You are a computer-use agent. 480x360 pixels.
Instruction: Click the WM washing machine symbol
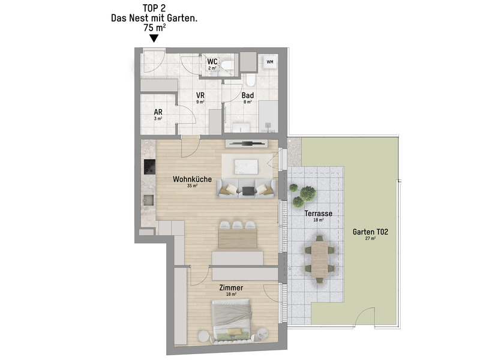269,62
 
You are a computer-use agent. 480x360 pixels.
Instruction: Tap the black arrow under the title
154,38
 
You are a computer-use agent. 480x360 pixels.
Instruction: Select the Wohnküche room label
192,179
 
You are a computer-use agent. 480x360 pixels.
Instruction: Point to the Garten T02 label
370,232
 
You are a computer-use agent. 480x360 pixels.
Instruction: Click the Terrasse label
319,214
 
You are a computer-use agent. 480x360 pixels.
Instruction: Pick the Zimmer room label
231,288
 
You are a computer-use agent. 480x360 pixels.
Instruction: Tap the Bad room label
248,95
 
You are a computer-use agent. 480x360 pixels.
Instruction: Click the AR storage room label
158,112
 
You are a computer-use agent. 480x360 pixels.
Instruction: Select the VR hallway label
200,95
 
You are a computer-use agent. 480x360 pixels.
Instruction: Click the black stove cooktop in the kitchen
149,167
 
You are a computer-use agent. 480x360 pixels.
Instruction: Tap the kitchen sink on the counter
149,200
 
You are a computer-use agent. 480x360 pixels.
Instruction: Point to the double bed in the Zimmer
232,320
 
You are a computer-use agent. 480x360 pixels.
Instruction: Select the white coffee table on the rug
246,167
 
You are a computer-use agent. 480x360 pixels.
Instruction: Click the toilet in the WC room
227,65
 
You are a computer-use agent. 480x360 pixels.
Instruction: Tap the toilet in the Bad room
250,80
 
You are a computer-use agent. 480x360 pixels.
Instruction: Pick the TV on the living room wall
247,143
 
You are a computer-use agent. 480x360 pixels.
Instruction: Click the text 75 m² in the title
155,28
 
